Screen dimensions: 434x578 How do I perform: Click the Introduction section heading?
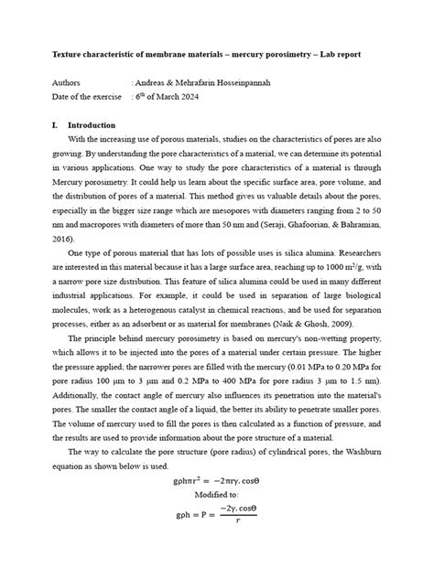(92, 125)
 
